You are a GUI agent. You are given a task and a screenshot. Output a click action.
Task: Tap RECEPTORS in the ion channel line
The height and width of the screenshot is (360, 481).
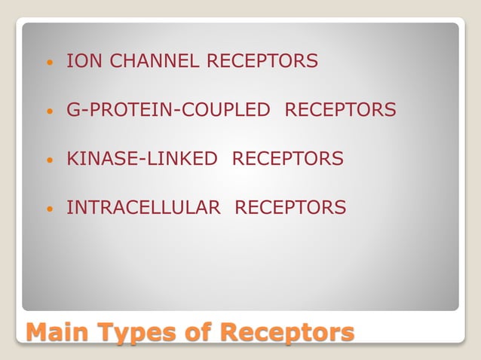coord(262,61)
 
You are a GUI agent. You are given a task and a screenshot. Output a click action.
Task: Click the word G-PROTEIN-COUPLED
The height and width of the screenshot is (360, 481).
coord(168,110)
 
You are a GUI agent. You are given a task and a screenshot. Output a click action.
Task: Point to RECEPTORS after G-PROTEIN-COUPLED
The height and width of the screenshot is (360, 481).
coord(340,110)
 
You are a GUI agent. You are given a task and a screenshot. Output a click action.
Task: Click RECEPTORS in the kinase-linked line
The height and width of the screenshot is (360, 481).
coord(288,159)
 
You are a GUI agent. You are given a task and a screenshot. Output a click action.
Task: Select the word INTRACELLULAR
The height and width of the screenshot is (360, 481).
coord(144,207)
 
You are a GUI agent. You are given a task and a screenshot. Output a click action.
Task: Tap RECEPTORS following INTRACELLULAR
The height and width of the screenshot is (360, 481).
coord(291,207)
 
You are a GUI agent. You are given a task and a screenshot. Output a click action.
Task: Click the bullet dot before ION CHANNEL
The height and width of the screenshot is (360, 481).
coord(51,63)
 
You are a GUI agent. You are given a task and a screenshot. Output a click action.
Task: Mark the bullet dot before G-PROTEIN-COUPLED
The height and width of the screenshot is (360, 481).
coord(51,111)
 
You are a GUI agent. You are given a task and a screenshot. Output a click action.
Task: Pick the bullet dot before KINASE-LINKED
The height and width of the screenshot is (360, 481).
coord(51,160)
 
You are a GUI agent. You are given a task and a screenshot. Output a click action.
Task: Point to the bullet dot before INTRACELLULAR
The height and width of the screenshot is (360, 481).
coord(51,209)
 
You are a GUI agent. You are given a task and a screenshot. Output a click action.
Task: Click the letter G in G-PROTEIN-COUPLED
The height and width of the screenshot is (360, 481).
coord(73,110)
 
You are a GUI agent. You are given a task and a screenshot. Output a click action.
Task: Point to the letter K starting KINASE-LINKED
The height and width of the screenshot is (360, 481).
coord(72,159)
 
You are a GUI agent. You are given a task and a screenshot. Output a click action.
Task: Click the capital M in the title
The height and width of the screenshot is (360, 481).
coord(37,332)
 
